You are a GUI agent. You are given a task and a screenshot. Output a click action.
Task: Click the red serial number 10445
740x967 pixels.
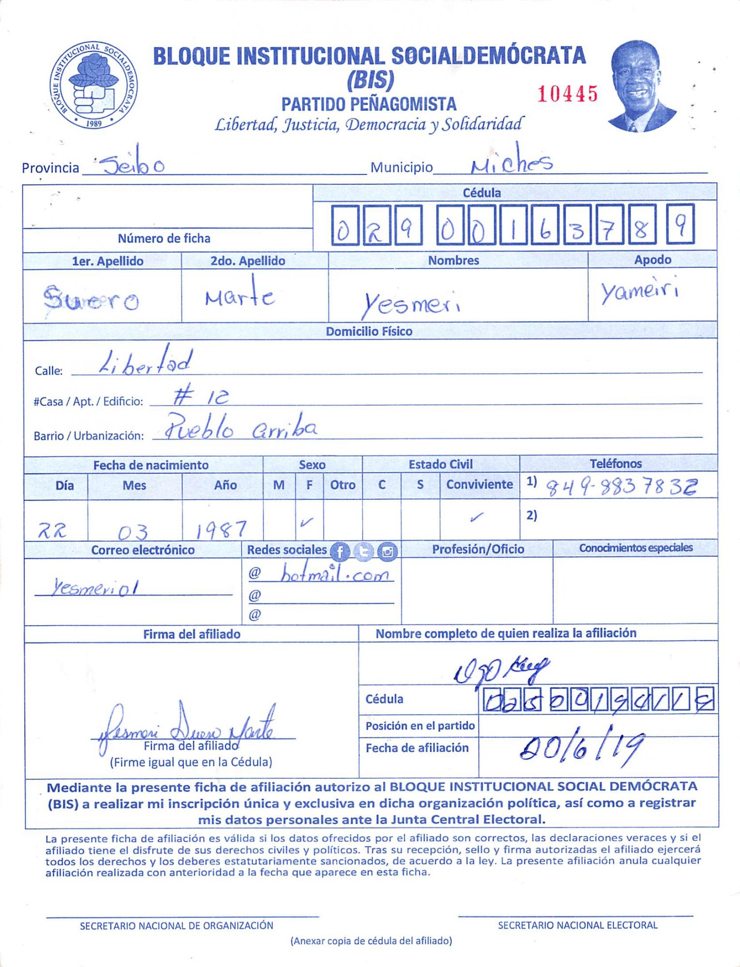568,94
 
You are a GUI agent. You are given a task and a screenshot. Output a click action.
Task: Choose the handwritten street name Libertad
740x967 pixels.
146,362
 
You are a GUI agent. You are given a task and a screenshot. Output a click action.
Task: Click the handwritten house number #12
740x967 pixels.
201,396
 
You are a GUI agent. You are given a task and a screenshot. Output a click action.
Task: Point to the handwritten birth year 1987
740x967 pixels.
222,529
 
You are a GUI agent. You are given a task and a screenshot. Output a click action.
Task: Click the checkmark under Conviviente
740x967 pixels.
476,518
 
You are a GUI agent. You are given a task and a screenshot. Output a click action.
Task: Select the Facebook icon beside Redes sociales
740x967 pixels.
340,552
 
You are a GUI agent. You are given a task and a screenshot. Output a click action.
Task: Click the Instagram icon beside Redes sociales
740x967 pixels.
387,552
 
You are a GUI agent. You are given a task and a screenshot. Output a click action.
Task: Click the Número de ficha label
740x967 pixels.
164,238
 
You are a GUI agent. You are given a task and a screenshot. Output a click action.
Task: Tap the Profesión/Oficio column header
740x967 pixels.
478,549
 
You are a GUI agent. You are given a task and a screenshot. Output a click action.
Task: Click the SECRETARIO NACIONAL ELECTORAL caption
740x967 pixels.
577,925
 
